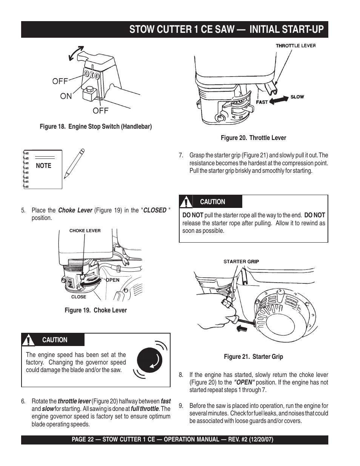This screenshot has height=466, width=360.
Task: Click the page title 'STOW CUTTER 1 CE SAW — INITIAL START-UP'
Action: pyautogui.click(x=226, y=29)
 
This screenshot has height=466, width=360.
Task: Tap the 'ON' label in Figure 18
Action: pyautogui.click(x=66, y=96)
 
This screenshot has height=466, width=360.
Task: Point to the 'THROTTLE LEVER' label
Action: pyautogui.click(x=295, y=46)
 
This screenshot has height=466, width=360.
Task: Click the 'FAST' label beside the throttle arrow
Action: pyautogui.click(x=262, y=102)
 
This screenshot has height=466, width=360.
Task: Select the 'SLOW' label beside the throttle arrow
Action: pyautogui.click(x=297, y=97)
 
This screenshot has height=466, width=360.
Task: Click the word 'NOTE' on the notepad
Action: pyautogui.click(x=43, y=166)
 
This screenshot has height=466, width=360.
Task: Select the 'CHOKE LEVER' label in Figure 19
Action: pyautogui.click(x=85, y=231)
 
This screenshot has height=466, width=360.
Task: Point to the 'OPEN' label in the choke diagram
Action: pyautogui.click(x=112, y=280)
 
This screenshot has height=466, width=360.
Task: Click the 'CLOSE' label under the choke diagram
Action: pyautogui.click(x=78, y=297)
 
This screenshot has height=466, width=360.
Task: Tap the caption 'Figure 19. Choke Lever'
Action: pyautogui.click(x=95, y=310)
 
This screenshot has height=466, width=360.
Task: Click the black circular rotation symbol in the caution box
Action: pyautogui.click(x=150, y=360)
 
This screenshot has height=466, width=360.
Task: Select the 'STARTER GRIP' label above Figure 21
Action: pyautogui.click(x=241, y=261)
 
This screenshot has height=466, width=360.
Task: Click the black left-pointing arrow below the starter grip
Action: pyautogui.click(x=242, y=329)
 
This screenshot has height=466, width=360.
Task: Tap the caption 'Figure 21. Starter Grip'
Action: pyautogui.click(x=253, y=357)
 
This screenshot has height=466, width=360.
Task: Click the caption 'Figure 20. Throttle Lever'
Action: pyautogui.click(x=253, y=138)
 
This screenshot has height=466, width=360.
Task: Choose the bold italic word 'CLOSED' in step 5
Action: pyautogui.click(x=155, y=210)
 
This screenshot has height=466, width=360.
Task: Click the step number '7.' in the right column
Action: pyautogui.click(x=181, y=155)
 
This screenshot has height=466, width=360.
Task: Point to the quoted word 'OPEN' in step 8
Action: pyautogui.click(x=244, y=382)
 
